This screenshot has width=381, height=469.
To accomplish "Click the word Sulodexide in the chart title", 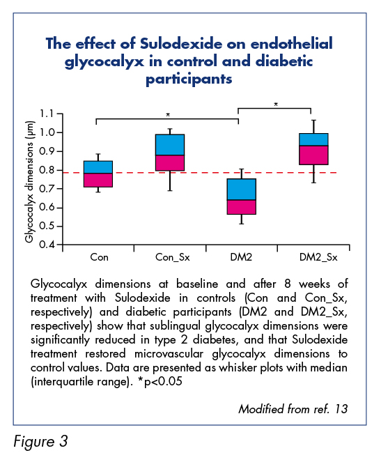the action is [x=181, y=43].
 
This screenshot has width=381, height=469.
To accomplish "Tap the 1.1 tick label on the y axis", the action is [x=47, y=114].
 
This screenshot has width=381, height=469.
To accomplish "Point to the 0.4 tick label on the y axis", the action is [x=47, y=245].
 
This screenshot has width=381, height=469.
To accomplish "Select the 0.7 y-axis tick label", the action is [x=47, y=189].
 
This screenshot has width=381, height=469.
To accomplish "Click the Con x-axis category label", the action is [x=100, y=257].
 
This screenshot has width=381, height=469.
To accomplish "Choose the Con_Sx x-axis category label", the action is [x=173, y=257].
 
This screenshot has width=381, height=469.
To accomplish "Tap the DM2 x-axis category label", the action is [x=241, y=257].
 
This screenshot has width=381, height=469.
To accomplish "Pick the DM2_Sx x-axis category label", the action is [x=318, y=257].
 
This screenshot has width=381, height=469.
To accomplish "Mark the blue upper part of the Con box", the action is [x=98, y=167].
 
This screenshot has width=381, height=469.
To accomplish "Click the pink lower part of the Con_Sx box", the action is [x=170, y=163].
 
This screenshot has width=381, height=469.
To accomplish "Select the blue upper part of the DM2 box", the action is [x=241, y=190].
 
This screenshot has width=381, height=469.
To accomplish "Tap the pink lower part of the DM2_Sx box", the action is [x=313, y=155].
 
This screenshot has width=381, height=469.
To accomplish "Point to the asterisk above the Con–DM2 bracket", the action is [x=168, y=115].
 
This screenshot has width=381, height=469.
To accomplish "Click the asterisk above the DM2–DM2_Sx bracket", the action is [x=276, y=105].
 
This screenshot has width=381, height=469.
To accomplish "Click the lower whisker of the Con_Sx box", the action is [x=170, y=180].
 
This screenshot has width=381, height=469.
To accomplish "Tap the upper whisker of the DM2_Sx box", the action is [x=313, y=127].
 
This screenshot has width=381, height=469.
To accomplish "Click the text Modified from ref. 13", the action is [x=293, y=409].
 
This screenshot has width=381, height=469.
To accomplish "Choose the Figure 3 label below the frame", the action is [x=40, y=442].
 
